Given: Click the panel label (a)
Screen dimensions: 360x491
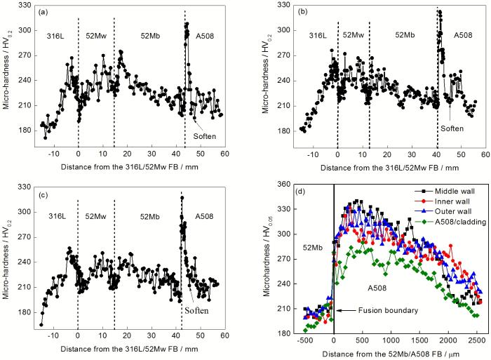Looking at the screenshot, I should pyautogui.click(x=43, y=13).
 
